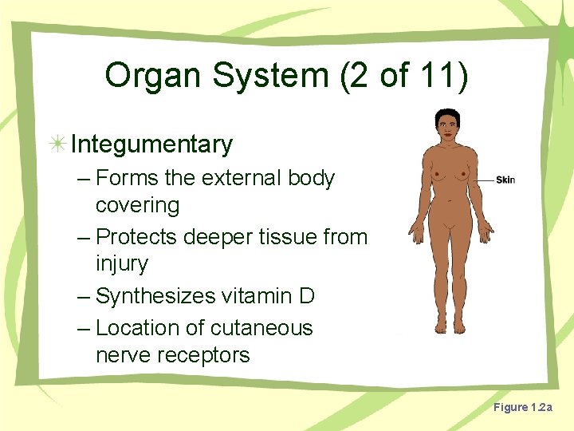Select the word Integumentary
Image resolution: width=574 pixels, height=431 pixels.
tap(151, 144)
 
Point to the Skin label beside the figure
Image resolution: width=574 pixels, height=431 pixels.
tap(505, 180)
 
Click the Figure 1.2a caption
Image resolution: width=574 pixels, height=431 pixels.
tap(522, 407)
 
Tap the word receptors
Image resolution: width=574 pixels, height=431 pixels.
tap(205, 355)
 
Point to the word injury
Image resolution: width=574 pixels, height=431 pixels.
tap(122, 264)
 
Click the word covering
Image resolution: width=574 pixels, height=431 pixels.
tap(137, 205)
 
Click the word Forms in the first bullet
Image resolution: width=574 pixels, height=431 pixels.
tap(126, 178)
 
